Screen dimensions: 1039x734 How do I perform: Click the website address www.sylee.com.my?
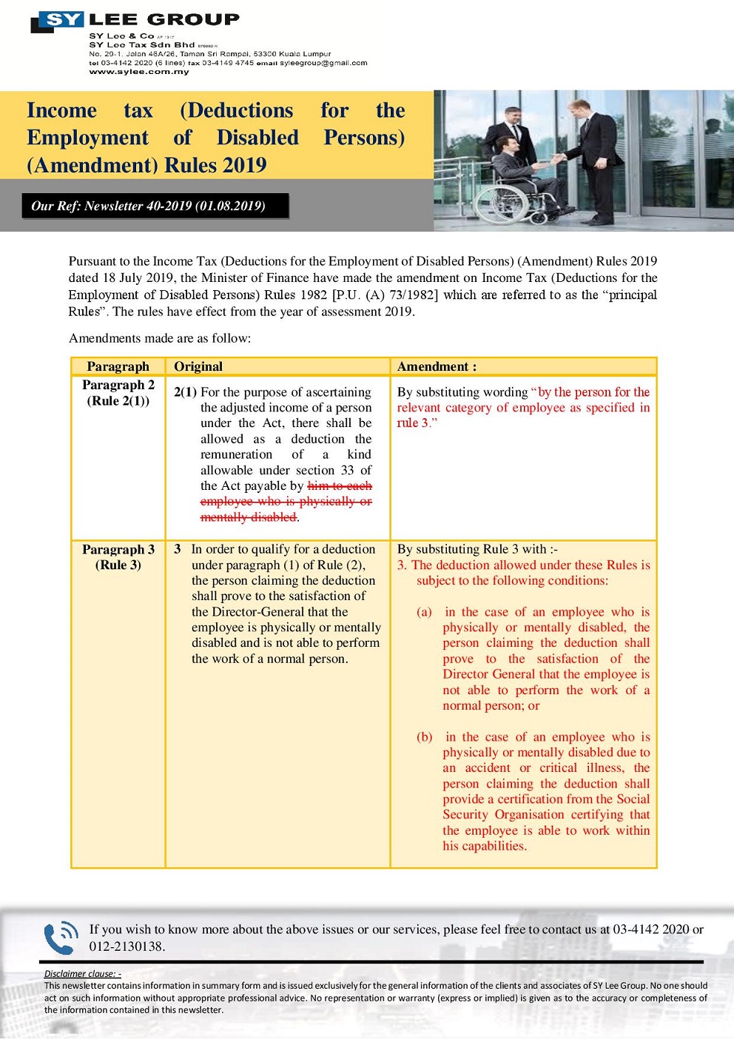pos(139,72)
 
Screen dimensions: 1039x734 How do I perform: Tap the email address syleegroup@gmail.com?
pos(323,63)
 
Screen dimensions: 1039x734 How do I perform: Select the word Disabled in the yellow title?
pos(257,138)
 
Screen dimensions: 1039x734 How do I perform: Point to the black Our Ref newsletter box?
pos(155,206)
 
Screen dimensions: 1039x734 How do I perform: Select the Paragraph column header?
pos(118,366)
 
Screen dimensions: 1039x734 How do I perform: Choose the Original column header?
pos(198,366)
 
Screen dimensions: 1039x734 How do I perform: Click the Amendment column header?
pos(437,366)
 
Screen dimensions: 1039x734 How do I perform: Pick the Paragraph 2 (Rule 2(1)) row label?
pos(118,393)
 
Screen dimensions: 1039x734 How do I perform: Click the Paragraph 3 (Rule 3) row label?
pos(118,557)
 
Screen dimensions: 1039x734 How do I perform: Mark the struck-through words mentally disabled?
pos(249,517)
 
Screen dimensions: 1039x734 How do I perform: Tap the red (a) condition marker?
pos(424,612)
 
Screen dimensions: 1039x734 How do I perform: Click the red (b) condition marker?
pos(424,737)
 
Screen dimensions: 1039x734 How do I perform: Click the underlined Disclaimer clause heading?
pos(82,974)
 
